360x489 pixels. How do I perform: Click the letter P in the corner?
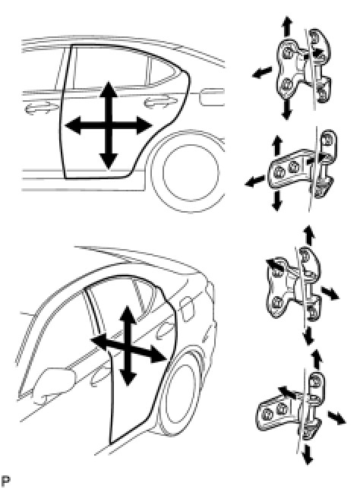click(x=6, y=481)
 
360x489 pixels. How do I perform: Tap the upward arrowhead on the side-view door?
click(x=109, y=89)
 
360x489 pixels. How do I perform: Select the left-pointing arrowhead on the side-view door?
click(x=74, y=126)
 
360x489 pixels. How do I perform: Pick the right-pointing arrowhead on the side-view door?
click(x=144, y=126)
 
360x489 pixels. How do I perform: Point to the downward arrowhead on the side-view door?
click(x=109, y=162)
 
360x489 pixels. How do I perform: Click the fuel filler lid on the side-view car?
click(x=211, y=96)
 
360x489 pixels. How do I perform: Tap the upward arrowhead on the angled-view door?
click(x=126, y=313)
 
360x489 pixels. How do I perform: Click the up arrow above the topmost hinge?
click(x=286, y=26)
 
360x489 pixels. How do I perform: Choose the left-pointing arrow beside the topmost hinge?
click(x=262, y=73)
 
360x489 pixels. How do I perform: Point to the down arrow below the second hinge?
click(x=277, y=200)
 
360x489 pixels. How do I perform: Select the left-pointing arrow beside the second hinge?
click(x=255, y=181)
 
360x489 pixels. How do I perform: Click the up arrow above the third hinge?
click(x=309, y=235)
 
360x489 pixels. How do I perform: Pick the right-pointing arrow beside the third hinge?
click(x=330, y=293)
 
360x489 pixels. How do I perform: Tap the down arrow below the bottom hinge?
click(x=308, y=454)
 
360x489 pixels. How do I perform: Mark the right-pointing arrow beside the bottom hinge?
click(x=337, y=418)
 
